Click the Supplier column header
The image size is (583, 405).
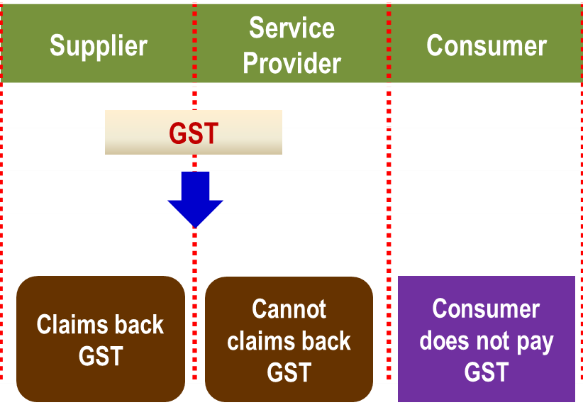[99, 46]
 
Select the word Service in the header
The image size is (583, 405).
[291, 28]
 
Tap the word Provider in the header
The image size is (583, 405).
[291, 63]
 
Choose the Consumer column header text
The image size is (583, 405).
[487, 46]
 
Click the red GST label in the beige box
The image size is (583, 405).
[194, 133]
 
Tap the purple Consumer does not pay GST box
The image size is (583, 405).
[487, 339]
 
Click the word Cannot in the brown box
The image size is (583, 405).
[289, 310]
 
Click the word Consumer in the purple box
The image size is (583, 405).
[487, 310]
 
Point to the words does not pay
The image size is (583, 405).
[487, 340]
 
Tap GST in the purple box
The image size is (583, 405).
[487, 371]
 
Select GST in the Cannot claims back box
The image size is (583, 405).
[289, 371]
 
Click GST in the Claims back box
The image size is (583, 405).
[101, 355]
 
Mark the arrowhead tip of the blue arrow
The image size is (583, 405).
[195, 226]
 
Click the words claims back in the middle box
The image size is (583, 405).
[289, 340]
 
